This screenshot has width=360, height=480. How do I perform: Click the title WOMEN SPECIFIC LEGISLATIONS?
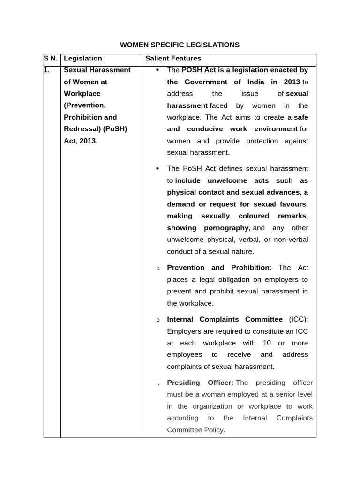[x=180, y=45]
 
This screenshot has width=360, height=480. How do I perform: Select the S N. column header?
[x=51, y=59]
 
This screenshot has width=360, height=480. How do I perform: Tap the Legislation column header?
[x=82, y=59]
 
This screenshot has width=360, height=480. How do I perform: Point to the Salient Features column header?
[x=173, y=59]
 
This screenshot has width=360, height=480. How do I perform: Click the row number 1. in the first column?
[x=47, y=70]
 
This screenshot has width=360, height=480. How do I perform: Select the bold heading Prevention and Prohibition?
[x=218, y=268]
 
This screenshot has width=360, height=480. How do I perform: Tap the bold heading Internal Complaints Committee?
[x=225, y=319]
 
